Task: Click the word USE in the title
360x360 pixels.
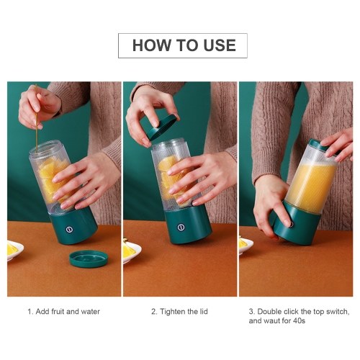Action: tap(220, 45)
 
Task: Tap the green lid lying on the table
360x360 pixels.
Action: tap(89, 258)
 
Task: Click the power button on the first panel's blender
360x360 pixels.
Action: tap(69, 229)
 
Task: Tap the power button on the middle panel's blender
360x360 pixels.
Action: tap(181, 227)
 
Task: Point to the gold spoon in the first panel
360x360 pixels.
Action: tap(37, 117)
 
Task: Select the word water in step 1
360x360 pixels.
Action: tap(90, 312)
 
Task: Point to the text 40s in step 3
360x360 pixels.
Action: tap(299, 320)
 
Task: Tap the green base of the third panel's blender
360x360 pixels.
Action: tap(297, 223)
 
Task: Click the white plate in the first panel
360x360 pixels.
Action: tap(15, 250)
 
